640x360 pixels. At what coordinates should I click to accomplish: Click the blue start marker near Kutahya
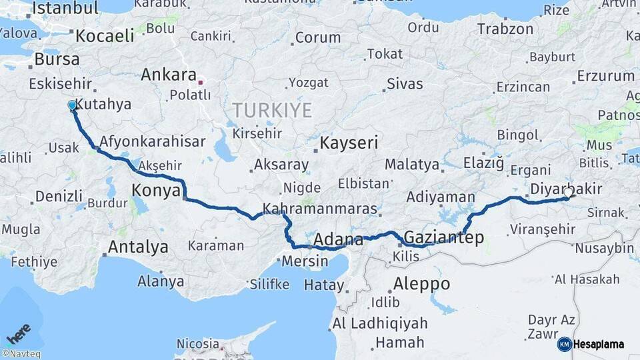pyautogui.click(x=72, y=105)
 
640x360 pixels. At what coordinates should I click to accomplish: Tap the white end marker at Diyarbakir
pyautogui.click(x=568, y=193)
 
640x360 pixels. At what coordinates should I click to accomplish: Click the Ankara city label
pyautogui.click(x=168, y=75)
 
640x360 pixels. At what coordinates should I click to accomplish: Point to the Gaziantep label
pyautogui.click(x=443, y=238)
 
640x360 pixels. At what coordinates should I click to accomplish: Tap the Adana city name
pyautogui.click(x=338, y=239)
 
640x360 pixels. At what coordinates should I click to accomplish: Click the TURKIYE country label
pyautogui.click(x=271, y=110)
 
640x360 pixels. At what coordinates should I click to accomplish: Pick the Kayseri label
pyautogui.click(x=349, y=143)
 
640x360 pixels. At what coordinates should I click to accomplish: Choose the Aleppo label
pyautogui.click(x=421, y=283)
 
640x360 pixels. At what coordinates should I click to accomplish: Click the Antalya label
pyautogui.click(x=138, y=247)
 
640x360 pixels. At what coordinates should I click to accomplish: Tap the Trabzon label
pyautogui.click(x=505, y=29)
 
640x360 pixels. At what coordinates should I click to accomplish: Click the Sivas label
pyautogui.click(x=404, y=84)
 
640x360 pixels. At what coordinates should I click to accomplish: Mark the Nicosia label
pyautogui.click(x=197, y=344)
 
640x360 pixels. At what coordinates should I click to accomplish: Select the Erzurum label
pyautogui.click(x=605, y=75)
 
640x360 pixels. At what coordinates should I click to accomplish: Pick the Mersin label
pyautogui.click(x=305, y=261)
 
